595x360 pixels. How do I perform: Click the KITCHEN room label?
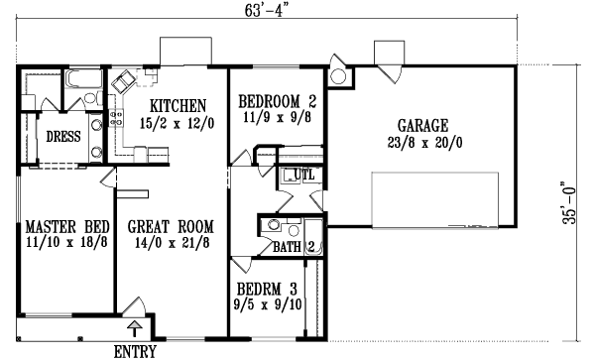178,106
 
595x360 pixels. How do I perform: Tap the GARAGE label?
422,126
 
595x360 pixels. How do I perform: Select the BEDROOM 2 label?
277,101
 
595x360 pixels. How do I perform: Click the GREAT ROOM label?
167,226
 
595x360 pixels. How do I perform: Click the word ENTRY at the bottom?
136,351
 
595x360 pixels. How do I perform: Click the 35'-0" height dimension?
568,205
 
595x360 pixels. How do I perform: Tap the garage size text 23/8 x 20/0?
422,142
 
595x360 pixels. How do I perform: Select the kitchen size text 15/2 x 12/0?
178,123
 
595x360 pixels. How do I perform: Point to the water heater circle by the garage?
337,76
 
